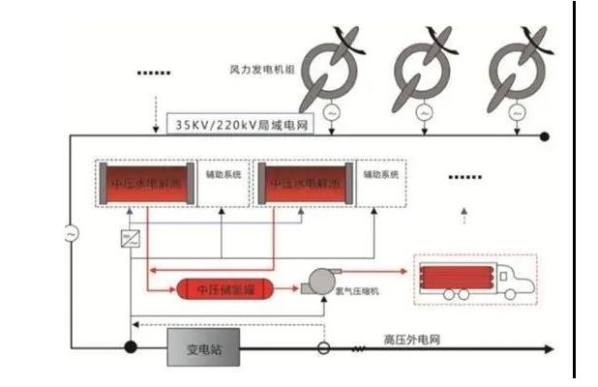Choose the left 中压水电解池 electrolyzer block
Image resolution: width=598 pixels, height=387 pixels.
pos(145,182)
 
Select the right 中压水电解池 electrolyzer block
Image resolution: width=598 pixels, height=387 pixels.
pos(305,182)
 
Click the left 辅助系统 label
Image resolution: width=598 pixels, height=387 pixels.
pos(222,175)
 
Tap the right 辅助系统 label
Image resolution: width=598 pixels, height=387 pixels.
pos(380,175)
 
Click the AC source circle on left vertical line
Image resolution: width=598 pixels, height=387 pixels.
pos(71,233)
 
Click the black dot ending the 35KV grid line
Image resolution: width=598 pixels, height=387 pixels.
pos(545,136)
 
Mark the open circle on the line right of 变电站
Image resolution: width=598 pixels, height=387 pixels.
pos(325,347)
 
